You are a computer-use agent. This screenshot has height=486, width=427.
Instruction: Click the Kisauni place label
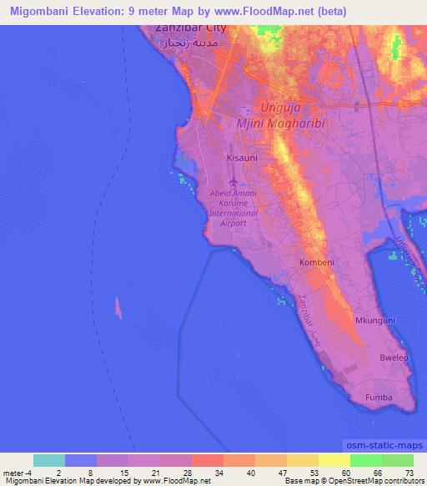(x=242, y=157)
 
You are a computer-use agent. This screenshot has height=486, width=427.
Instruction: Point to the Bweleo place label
(x=393, y=357)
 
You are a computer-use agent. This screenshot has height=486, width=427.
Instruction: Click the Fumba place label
(x=379, y=397)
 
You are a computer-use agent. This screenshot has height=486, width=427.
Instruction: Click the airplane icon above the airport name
(x=233, y=181)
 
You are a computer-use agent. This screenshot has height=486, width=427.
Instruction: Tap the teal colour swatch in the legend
(x=48, y=460)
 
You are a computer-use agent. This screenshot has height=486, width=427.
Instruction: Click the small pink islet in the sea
(x=118, y=308)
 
